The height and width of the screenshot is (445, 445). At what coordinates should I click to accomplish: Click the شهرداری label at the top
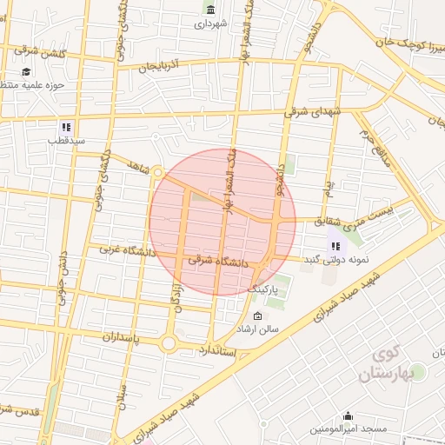[210, 24]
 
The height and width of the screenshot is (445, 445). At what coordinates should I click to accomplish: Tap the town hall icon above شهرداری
[209, 10]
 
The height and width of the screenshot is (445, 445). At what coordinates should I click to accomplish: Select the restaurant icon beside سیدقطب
[67, 126]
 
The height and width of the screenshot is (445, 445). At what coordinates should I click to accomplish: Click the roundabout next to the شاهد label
[157, 173]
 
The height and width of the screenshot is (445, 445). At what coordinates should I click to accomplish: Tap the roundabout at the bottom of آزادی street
[169, 343]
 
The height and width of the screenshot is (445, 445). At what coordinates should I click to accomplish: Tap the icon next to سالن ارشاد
[257, 315]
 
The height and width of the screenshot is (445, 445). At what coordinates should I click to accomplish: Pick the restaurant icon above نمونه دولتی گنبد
[335, 246]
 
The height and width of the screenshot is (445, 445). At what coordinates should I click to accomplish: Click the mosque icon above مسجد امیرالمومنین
[349, 416]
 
